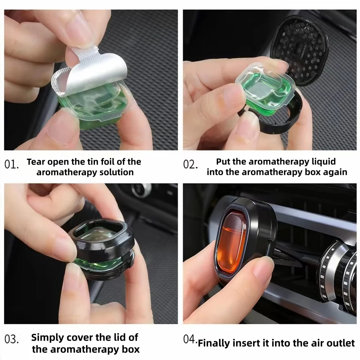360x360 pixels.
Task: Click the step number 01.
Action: tap(12, 165)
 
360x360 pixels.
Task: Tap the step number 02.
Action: tap(190, 165)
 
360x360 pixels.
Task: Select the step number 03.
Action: tap(12, 339)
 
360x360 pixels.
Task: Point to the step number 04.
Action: tap(190, 339)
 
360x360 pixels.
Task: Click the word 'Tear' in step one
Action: tap(36, 162)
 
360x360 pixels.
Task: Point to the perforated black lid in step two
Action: tap(300, 51)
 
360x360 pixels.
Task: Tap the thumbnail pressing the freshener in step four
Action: tap(264, 266)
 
